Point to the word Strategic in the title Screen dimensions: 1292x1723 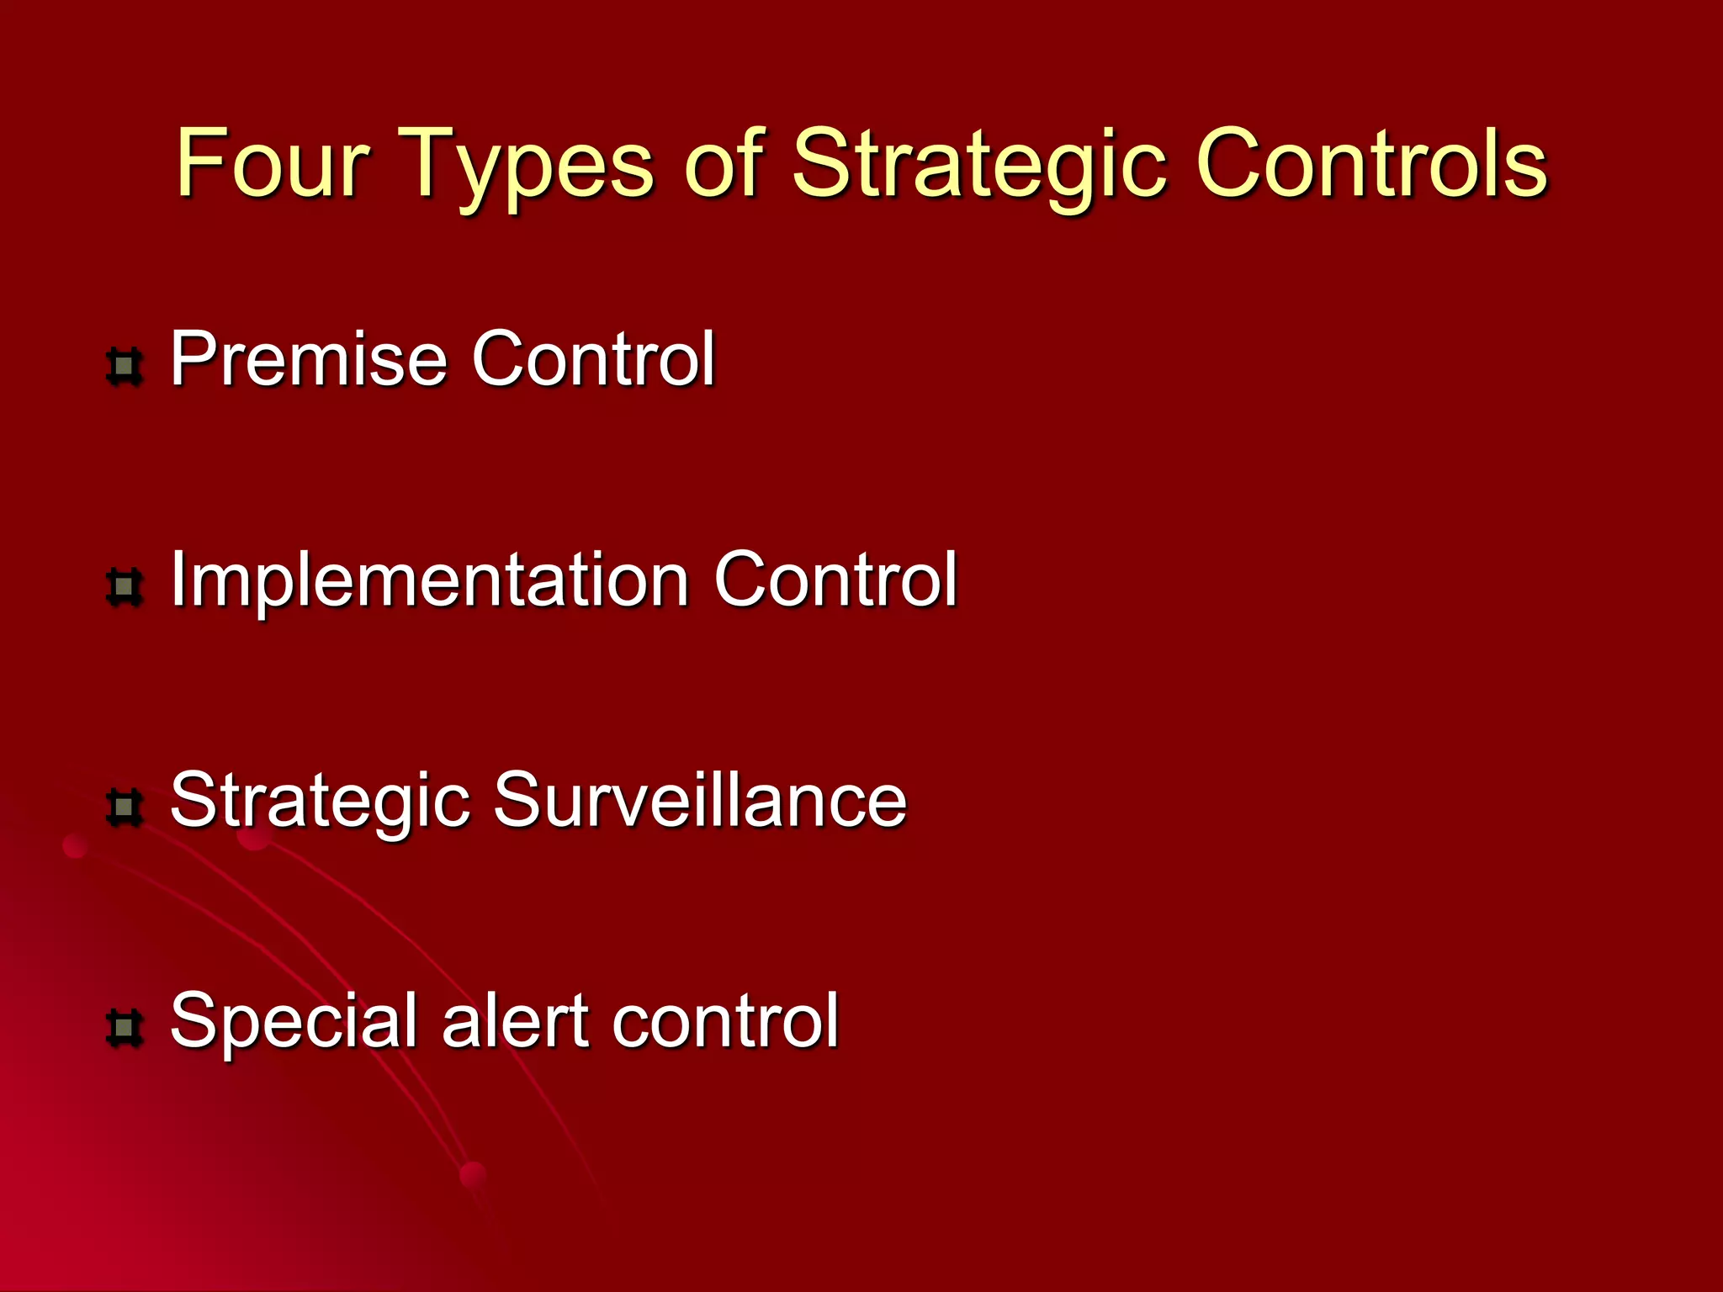979,164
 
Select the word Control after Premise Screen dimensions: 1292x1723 593,359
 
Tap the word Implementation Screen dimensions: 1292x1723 429,580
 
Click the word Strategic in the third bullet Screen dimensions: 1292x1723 320,802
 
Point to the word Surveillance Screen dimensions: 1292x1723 700,800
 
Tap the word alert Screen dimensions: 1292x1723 516,1020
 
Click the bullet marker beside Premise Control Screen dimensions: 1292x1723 125,367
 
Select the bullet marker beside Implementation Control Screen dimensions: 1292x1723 125,587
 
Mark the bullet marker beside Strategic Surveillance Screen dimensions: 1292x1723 125,807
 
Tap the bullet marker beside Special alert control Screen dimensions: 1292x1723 125,1028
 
